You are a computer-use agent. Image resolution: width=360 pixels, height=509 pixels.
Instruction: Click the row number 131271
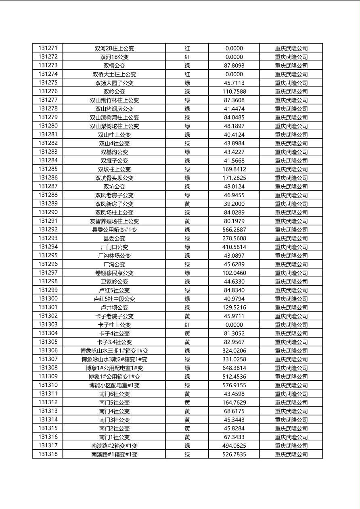pos(48,48)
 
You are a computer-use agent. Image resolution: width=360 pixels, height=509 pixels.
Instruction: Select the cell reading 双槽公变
pos(114,65)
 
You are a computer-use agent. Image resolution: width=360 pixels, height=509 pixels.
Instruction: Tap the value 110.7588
pos(234,92)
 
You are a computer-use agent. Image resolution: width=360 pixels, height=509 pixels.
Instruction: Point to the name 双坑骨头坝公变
pos(114,178)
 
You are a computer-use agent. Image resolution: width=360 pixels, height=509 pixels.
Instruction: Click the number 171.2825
pos(234,178)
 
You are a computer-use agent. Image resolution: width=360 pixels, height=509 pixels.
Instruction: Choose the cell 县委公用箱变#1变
pos(114,230)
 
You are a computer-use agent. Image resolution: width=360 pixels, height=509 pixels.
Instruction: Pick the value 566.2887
pos(234,230)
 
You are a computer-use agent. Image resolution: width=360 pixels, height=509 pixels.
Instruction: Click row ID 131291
pos(48,221)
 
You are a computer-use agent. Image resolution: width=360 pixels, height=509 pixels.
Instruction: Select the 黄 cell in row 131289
pos(187,204)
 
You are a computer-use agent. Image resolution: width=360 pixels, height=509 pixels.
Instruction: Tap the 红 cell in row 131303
pos(187,325)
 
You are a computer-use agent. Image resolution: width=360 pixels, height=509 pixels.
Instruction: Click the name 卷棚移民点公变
pos(114,273)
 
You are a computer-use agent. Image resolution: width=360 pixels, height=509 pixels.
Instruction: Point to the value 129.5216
pos(234,307)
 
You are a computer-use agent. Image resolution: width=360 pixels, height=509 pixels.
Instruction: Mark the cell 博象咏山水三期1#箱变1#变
pos(114,351)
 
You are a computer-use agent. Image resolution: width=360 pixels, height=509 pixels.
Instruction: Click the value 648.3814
pos(234,368)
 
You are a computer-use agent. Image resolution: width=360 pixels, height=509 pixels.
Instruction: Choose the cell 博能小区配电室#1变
pos(114,385)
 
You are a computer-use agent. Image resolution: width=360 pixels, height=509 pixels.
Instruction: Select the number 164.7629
pos(234,403)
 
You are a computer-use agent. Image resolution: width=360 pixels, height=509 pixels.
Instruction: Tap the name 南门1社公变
pos(114,437)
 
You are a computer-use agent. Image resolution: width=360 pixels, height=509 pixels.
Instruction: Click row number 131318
pos(48,454)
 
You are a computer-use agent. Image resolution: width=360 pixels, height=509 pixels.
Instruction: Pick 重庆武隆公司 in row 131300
pos(291,299)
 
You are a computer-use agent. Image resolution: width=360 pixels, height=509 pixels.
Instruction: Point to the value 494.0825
pos(234,446)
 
